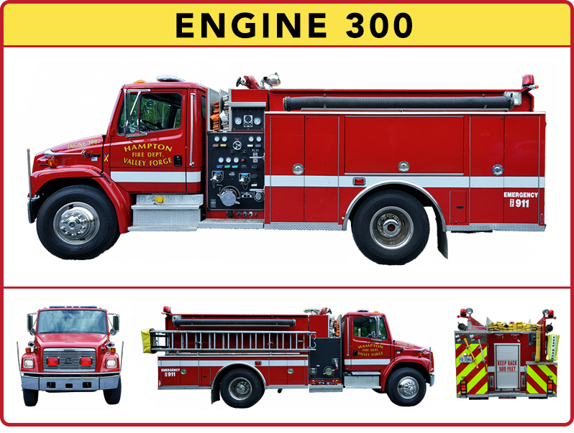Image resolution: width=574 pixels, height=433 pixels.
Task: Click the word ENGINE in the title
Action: [242, 26]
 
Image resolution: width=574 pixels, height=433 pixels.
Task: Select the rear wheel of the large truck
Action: [391, 227]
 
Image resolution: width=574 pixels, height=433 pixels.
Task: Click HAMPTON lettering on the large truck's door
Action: [147, 147]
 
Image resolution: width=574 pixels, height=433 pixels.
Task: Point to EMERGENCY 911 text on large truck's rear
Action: [521, 199]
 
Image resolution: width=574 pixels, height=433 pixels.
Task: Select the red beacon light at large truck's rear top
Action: [529, 80]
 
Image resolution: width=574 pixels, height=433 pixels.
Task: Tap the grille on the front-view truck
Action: [69, 359]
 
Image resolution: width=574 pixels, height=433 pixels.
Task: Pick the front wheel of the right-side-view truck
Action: [406, 388]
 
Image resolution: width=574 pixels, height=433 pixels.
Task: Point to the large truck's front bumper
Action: [32, 208]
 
